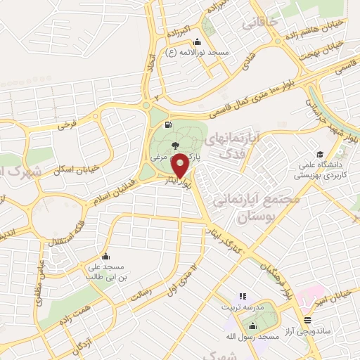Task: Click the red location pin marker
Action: [x=179, y=166]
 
